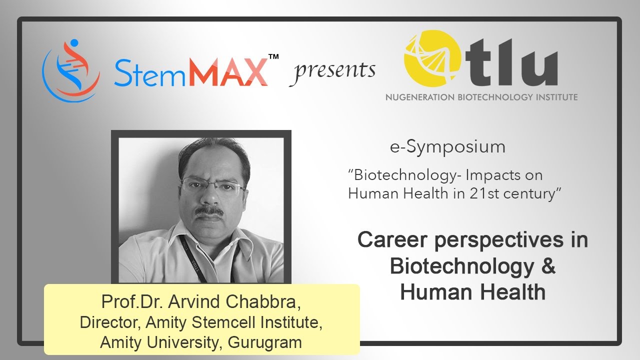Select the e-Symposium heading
(447, 147)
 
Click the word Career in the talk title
(393, 240)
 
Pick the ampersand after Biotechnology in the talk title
(548, 266)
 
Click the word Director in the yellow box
(109, 322)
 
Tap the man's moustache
(209, 211)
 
